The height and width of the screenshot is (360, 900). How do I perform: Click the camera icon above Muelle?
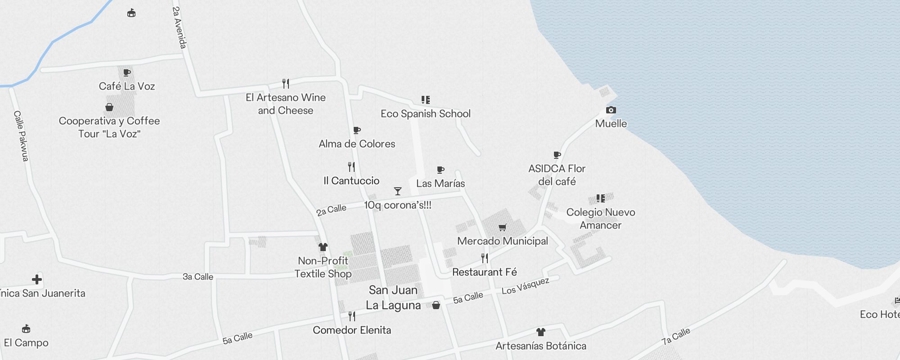pyautogui.click(x=611, y=110)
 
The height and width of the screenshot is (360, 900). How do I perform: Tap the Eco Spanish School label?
pyautogui.click(x=425, y=114)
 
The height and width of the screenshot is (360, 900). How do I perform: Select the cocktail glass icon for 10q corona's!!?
pyautogui.click(x=397, y=191)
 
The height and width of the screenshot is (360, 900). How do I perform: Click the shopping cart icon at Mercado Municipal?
pyautogui.click(x=502, y=228)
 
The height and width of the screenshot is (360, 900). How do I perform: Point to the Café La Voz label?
pyautogui.click(x=127, y=86)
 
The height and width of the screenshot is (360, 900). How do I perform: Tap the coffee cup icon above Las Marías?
pyautogui.click(x=441, y=170)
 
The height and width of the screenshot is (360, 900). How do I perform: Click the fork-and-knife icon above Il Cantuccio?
pyautogui.click(x=351, y=167)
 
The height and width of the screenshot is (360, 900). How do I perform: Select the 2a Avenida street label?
pyautogui.click(x=179, y=27)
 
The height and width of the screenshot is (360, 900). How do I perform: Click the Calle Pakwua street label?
pyautogui.click(x=21, y=136)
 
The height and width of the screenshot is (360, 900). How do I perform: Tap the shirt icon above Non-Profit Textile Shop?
pyautogui.click(x=323, y=247)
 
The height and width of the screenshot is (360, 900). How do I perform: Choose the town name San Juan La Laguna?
pyautogui.click(x=393, y=297)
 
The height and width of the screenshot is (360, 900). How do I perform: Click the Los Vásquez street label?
pyautogui.click(x=525, y=286)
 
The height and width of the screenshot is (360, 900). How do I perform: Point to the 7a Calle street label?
pyautogui.click(x=675, y=336)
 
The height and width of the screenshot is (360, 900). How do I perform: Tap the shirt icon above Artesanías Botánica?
pyautogui.click(x=540, y=332)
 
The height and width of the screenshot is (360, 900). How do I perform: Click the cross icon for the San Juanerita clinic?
pyautogui.click(x=37, y=279)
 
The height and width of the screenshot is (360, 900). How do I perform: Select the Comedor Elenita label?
pyautogui.click(x=352, y=330)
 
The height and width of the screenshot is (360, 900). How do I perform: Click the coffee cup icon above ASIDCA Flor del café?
pyautogui.click(x=557, y=155)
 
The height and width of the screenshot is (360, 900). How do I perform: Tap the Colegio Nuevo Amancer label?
pyautogui.click(x=600, y=219)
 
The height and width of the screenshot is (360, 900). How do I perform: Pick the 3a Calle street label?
pyautogui.click(x=198, y=277)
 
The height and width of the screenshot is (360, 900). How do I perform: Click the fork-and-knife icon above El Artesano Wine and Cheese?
pyautogui.click(x=285, y=84)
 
